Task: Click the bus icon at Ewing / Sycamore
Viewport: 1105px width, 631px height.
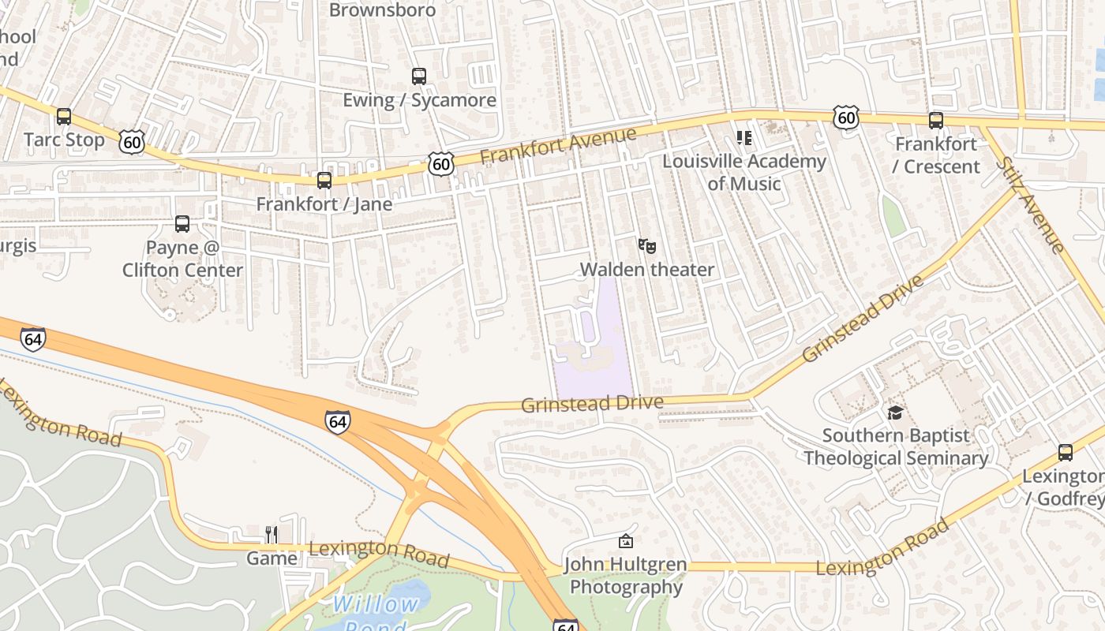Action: tap(419, 77)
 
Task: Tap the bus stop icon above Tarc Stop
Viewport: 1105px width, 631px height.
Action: tap(64, 117)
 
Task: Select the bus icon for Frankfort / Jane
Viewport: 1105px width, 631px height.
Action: tap(324, 181)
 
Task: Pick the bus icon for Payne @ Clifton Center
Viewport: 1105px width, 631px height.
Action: tap(182, 224)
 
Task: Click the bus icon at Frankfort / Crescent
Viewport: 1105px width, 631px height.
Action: tap(936, 121)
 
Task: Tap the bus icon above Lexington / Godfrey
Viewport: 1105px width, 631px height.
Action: tap(1066, 453)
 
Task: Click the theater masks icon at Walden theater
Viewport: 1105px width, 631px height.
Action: tap(647, 246)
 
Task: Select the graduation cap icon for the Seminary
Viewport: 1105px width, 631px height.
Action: tap(895, 413)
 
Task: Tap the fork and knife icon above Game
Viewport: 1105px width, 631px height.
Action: tap(272, 535)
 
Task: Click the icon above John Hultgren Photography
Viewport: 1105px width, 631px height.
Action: tap(625, 541)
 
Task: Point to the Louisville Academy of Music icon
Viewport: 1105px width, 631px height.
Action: tap(744, 139)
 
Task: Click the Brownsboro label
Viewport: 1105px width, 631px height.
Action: tap(382, 10)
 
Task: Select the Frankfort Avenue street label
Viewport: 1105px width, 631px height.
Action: tap(557, 146)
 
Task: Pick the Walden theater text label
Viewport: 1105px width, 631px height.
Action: tap(647, 270)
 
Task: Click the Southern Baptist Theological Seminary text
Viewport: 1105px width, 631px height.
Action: tap(896, 446)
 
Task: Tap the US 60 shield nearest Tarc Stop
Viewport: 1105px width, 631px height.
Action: tap(132, 142)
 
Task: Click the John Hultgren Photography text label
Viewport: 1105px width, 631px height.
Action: tap(625, 577)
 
